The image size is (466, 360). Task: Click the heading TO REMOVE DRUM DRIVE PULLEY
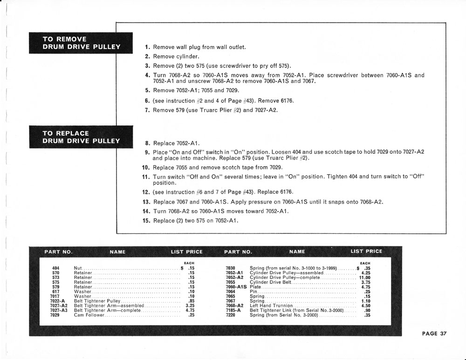tap(81, 43)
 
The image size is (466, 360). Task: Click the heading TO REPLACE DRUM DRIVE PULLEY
tap(81, 137)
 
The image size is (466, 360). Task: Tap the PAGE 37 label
tap(434, 333)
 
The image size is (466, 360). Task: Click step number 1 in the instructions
tap(147, 47)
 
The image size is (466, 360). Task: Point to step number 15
tap(145, 220)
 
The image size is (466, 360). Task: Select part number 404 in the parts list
tap(56, 268)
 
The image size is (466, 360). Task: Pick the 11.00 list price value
tap(364, 278)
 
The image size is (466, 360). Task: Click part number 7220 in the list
tap(231, 315)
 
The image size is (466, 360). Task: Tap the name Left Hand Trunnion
tap(271, 306)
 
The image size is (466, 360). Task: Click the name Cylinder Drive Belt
tap(271, 282)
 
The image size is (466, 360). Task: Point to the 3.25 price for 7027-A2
tap(189, 306)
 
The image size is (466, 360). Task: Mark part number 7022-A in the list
tap(57, 301)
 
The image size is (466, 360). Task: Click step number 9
tap(147, 152)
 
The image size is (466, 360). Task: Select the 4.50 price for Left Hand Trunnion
tap(365, 306)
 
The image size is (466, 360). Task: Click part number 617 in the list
tap(56, 292)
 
